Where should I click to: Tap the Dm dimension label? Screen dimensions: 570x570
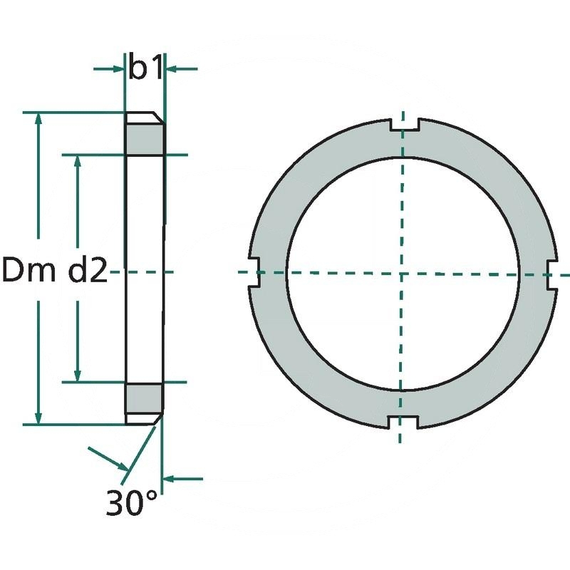[x=29, y=270]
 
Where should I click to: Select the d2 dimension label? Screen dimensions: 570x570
[x=88, y=270]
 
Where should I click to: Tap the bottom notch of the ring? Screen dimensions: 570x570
[x=403, y=422]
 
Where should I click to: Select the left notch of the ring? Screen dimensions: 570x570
[x=254, y=272]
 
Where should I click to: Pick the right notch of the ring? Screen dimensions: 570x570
[x=552, y=275]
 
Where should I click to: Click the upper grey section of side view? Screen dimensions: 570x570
[x=145, y=140]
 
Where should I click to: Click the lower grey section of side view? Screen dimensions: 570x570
[x=144, y=399]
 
